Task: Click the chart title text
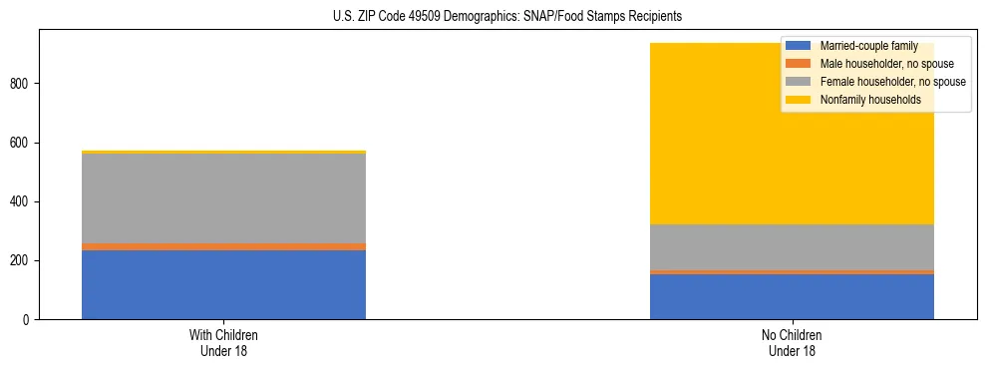pyautogui.click(x=507, y=17)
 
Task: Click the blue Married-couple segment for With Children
pyautogui.click(x=223, y=284)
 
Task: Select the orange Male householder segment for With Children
pyautogui.click(x=223, y=246)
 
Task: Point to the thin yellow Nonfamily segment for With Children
pyautogui.click(x=223, y=152)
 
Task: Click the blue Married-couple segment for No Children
pyautogui.click(x=792, y=296)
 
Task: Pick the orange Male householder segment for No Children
pyautogui.click(x=792, y=271)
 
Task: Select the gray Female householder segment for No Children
pyautogui.click(x=792, y=246)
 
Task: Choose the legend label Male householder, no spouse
pyautogui.click(x=886, y=64)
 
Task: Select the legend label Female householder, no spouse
pyautogui.click(x=892, y=82)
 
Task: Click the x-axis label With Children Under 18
pyautogui.click(x=223, y=342)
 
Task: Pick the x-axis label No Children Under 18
pyautogui.click(x=792, y=342)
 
